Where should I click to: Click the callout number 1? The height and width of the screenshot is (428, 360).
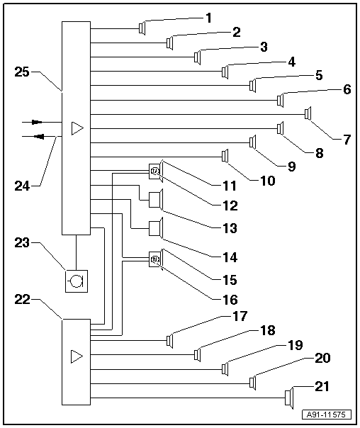pyautogui.click(x=208, y=16)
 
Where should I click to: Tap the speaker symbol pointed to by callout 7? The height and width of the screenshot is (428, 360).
pyautogui.click(x=308, y=113)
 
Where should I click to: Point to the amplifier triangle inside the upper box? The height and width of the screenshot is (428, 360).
pyautogui.click(x=77, y=128)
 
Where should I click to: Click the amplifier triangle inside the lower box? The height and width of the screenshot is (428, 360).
pyautogui.click(x=77, y=356)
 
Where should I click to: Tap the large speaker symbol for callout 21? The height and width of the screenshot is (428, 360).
pyautogui.click(x=288, y=398)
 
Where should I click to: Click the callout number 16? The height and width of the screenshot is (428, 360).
pyautogui.click(x=226, y=299)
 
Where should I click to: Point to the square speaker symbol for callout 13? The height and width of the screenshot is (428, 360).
pyautogui.click(x=155, y=201)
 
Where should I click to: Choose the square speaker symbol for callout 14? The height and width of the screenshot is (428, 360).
pyautogui.click(x=155, y=229)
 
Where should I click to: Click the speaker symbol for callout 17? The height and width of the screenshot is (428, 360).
pyautogui.click(x=170, y=341)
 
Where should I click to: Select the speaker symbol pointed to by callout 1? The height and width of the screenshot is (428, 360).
pyautogui.click(x=142, y=28)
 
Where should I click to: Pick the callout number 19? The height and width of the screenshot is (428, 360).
pyautogui.click(x=296, y=345)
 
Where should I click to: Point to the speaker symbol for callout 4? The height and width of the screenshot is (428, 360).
pyautogui.click(x=225, y=71)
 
